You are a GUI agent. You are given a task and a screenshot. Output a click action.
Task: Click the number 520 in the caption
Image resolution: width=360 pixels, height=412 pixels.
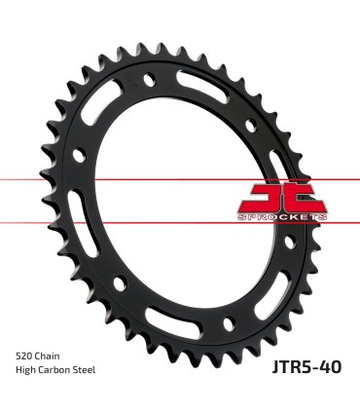tap(24, 355)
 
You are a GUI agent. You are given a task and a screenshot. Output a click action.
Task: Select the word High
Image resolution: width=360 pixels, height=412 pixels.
tap(26, 370)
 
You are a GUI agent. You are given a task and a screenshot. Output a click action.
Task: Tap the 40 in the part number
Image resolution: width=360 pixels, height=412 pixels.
tap(332, 368)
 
